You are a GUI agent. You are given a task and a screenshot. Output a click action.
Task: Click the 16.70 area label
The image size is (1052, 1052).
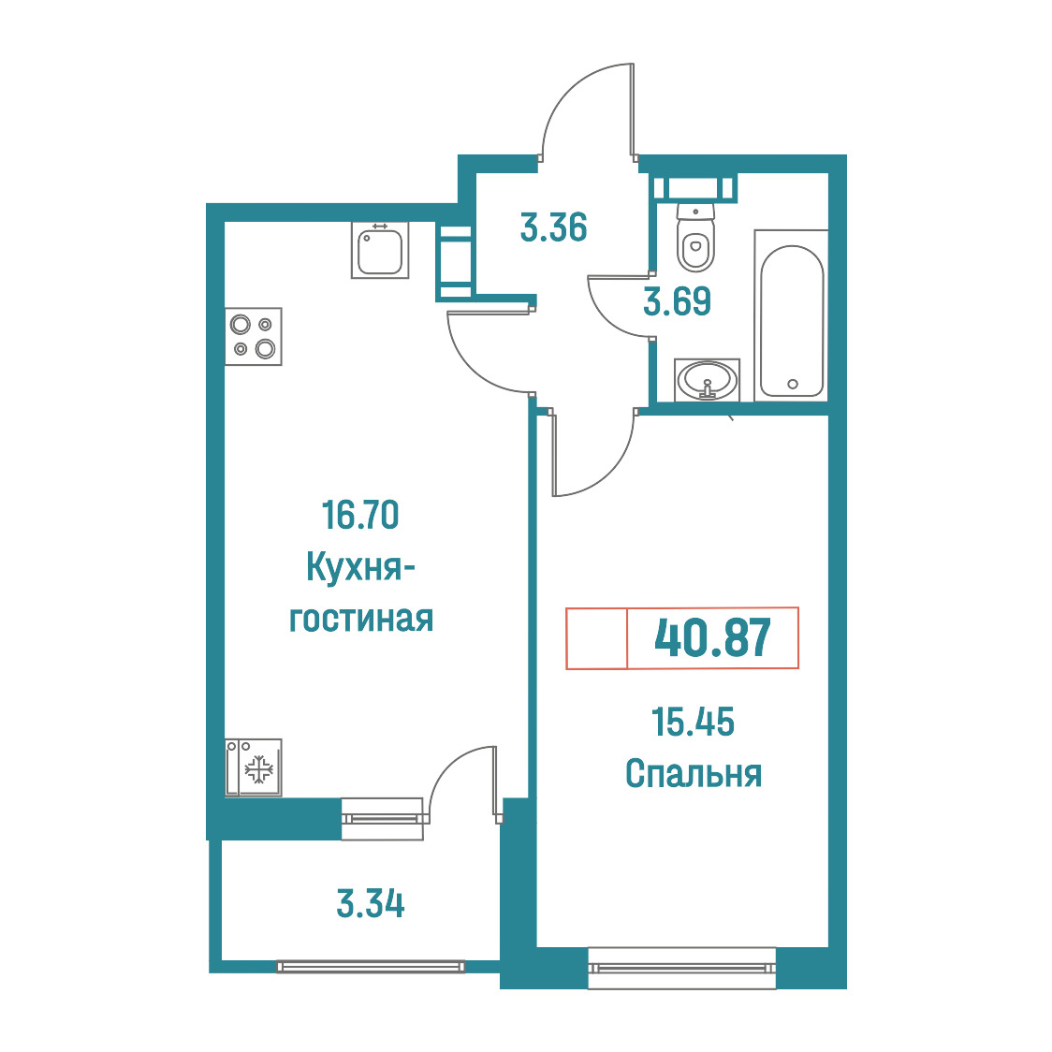(360, 515)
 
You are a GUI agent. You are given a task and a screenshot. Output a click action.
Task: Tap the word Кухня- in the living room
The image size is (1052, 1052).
(360, 568)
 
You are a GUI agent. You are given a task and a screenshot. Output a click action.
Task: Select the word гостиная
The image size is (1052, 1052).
(361, 619)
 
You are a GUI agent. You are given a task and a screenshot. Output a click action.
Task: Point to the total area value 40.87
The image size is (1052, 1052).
(712, 638)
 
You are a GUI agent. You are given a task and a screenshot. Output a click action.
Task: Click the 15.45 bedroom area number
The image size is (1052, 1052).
(693, 722)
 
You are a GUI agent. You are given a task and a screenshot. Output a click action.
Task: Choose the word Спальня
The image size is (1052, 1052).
(693, 774)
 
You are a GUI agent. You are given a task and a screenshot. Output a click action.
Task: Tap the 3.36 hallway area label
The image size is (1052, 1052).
(553, 226)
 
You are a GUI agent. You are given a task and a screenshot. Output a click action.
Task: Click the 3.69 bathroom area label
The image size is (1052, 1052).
(677, 301)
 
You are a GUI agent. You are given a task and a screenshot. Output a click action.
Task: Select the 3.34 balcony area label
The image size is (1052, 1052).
(371, 904)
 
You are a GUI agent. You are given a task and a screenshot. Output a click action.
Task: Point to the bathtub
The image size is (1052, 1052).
(792, 315)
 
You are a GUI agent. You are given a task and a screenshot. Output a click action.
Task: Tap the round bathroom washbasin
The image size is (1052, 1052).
(708, 380)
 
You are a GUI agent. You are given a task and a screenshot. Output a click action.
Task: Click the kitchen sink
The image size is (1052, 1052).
(380, 250)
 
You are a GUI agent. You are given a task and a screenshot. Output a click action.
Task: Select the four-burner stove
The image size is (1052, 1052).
(253, 336)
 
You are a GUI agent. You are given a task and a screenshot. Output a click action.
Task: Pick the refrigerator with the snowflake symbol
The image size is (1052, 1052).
(253, 767)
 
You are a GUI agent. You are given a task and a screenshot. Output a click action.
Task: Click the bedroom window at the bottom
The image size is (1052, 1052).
(681, 968)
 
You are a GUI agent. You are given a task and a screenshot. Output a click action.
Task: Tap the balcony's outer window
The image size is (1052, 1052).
(371, 966)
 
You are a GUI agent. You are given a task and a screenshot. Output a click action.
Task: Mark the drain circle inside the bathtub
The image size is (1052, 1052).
(793, 385)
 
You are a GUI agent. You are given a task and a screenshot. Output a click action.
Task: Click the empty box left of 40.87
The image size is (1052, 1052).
(596, 638)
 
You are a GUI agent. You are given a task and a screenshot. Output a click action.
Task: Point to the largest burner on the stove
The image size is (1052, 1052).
(266, 349)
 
